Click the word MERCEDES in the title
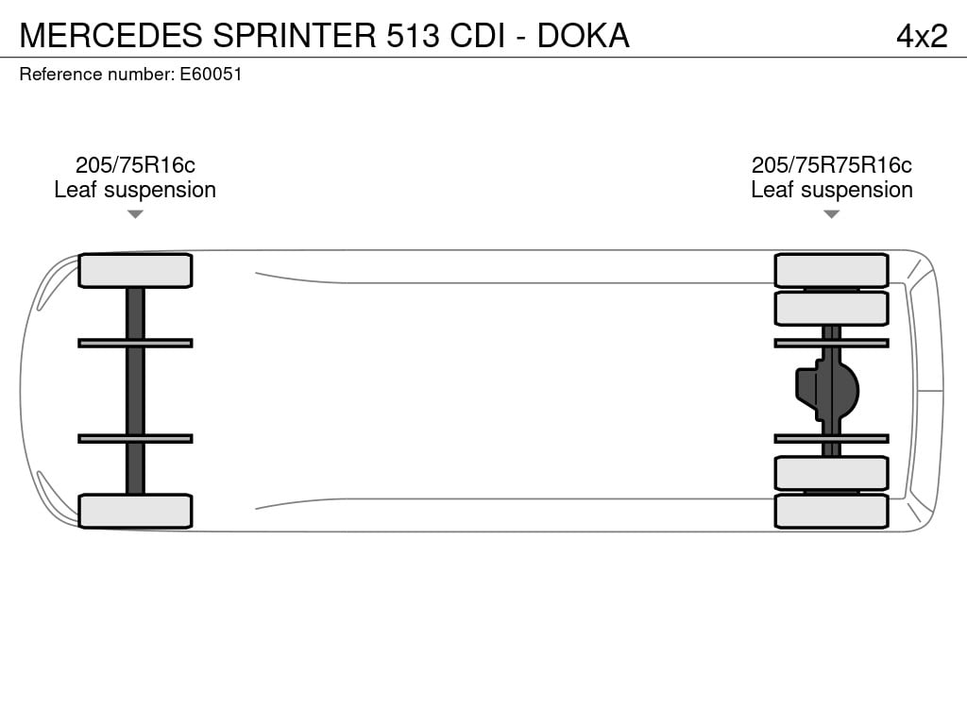pyautogui.click(x=111, y=35)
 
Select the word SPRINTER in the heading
pyautogui.click(x=295, y=35)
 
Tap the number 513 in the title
pyautogui.click(x=413, y=35)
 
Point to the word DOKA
pyautogui.click(x=583, y=35)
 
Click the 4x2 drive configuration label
pyautogui.click(x=922, y=36)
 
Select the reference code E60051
pyautogui.click(x=211, y=74)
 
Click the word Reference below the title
pyautogui.click(x=61, y=74)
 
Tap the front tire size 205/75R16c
pyautogui.click(x=135, y=165)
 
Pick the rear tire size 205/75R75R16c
pyautogui.click(x=831, y=165)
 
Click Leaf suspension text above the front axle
pyautogui.click(x=135, y=190)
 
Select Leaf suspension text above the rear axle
pyautogui.click(x=832, y=190)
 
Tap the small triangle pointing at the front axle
pyautogui.click(x=135, y=214)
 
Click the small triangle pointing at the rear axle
pyautogui.click(x=831, y=214)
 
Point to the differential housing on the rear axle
pyautogui.click(x=827, y=390)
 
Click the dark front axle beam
pyautogui.click(x=135, y=390)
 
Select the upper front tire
pyautogui.click(x=135, y=271)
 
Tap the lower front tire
pyautogui.click(x=135, y=511)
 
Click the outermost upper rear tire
pyautogui.click(x=831, y=271)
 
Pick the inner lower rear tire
pyautogui.click(x=831, y=474)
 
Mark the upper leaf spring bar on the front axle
pyautogui.click(x=135, y=344)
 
